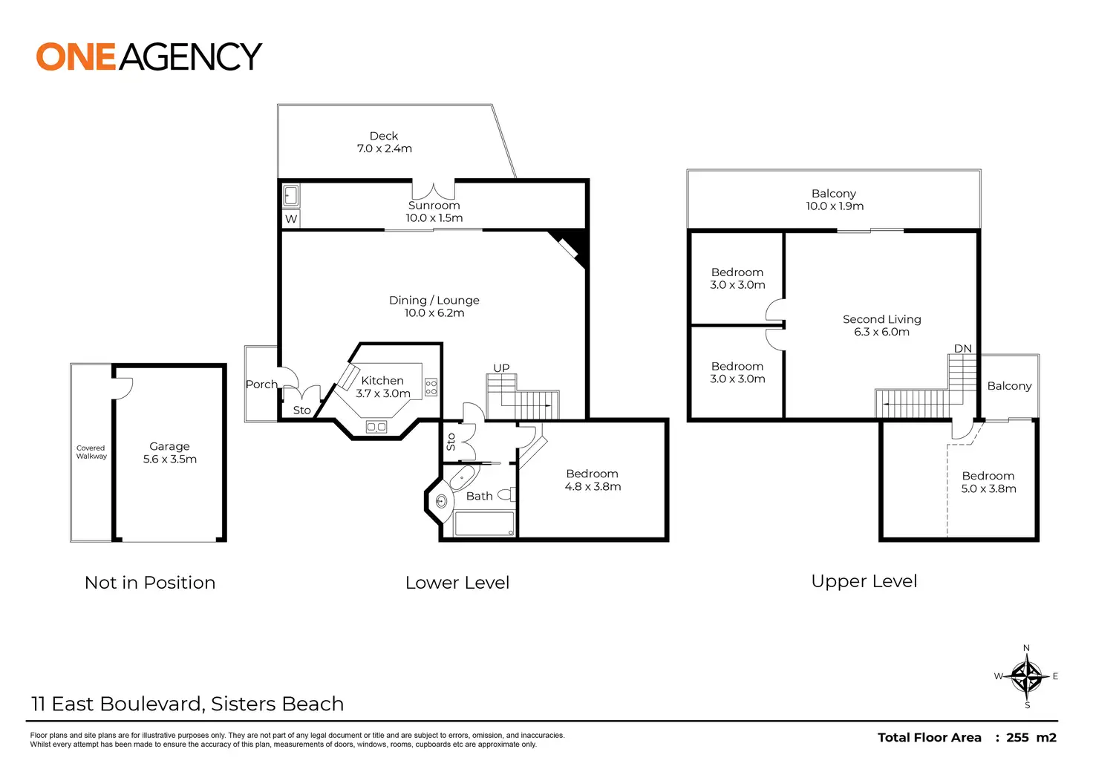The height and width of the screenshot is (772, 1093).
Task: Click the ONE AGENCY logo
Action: [x=149, y=57]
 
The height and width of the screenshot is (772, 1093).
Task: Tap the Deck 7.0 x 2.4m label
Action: [x=384, y=142]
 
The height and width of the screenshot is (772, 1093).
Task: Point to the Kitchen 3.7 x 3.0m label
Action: [x=382, y=387]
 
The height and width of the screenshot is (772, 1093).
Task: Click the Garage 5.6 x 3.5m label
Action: [x=169, y=452]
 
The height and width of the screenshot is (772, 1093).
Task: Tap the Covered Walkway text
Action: [x=91, y=452]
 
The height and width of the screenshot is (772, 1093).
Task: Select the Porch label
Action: [x=261, y=385]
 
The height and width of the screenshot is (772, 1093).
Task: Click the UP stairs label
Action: [x=502, y=368]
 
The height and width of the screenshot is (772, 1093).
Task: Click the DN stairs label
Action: [x=962, y=349]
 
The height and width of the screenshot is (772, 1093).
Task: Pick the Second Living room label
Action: [x=881, y=325]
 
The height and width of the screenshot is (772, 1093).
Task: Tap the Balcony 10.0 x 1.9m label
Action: [x=834, y=200]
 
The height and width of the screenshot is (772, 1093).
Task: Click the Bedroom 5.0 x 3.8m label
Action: [x=988, y=482]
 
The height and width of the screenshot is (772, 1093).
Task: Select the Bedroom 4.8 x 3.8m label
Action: [x=592, y=480]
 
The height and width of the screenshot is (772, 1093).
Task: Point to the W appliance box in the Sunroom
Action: [x=291, y=219]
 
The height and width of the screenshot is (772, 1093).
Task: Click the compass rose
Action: [x=1026, y=676]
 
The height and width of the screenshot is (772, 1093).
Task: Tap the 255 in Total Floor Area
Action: [x=1017, y=737]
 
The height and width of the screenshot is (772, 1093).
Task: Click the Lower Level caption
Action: [x=457, y=583]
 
